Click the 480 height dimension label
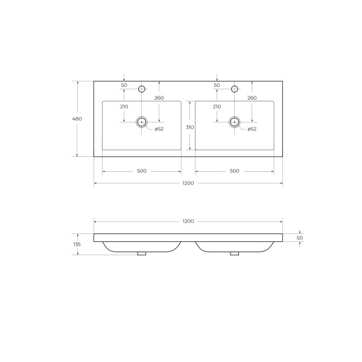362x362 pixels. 77,119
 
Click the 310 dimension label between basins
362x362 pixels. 189,127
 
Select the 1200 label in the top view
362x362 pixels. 188,183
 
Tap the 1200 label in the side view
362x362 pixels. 188,221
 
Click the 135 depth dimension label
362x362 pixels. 77,244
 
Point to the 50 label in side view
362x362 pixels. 300,238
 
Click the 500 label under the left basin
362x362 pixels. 142,171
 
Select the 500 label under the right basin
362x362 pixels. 235,171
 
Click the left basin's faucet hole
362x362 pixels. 142,89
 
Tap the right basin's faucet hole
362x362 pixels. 235,89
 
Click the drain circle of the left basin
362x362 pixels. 142,122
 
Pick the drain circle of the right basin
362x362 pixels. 235,122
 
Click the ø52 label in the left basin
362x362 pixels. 159,129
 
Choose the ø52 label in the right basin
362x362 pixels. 252,129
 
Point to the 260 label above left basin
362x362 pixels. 159,98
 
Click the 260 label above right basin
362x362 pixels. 252,98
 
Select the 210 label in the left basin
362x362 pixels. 124,107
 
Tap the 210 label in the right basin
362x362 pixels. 217,107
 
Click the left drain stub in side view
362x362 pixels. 142,253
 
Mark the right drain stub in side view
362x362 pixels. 235,253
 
